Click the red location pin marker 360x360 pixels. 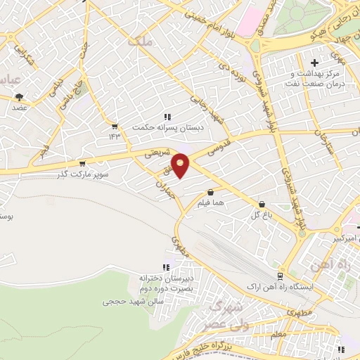(181, 165)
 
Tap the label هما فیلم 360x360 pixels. (211, 202)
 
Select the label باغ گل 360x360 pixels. (262, 214)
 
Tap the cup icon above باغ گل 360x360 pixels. (262, 204)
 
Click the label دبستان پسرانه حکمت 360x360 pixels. (167, 127)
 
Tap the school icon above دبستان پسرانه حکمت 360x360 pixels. (167, 117)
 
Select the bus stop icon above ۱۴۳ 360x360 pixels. (114, 126)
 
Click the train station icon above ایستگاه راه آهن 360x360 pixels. (280, 276)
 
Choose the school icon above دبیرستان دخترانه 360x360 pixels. (167, 267)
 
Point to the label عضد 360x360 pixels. (19, 108)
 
